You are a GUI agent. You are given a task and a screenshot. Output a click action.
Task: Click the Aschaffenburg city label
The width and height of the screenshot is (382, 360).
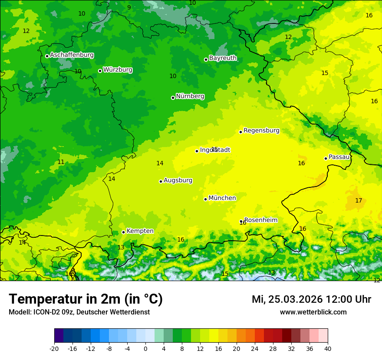pos(72,55)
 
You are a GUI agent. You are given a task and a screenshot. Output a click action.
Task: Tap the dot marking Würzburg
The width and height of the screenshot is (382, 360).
pos(100,71)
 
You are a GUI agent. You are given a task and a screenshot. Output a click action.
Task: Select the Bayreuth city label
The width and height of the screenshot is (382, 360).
pos(223,58)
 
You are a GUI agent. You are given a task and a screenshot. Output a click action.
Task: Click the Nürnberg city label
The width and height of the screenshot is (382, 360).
pos(190,96)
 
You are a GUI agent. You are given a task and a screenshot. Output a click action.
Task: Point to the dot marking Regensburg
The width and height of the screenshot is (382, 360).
pos(240,132)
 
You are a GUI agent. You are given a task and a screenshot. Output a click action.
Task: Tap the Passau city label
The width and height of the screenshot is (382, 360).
pos(339,157)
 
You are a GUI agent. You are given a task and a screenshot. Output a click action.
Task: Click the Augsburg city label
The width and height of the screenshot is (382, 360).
pos(178,180)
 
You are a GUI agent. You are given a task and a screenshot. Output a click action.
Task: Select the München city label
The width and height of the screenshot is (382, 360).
pos(222,198)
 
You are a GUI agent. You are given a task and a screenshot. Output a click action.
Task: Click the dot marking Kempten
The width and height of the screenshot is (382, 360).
pos(123,232)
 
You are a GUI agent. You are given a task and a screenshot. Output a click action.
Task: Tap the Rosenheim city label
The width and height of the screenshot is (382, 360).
pos(260,220)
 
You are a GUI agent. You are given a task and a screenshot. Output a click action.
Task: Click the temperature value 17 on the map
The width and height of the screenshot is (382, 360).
pos(359,200)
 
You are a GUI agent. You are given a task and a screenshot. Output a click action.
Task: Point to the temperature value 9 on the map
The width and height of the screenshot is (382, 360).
pos(129,7)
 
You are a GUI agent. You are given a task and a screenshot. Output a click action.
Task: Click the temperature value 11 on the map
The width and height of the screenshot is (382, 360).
pos(61,162)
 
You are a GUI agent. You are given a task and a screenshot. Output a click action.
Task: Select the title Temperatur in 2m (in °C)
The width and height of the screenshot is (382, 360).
pos(86,299)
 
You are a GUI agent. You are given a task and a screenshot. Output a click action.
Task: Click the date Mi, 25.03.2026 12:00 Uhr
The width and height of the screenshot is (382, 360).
pos(311,299)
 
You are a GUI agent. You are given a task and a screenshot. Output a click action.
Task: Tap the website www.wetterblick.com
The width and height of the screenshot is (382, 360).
pos(313,312)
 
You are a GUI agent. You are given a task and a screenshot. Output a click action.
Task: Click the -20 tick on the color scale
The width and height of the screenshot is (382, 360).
pos(54,348)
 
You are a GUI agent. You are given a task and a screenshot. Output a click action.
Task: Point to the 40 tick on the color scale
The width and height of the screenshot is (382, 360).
pos(327,348)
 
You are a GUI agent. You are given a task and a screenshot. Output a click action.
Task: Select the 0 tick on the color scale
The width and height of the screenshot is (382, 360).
pos(145,348)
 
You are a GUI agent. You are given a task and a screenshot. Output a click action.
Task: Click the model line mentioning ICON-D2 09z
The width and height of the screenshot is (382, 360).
pos(79,312)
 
